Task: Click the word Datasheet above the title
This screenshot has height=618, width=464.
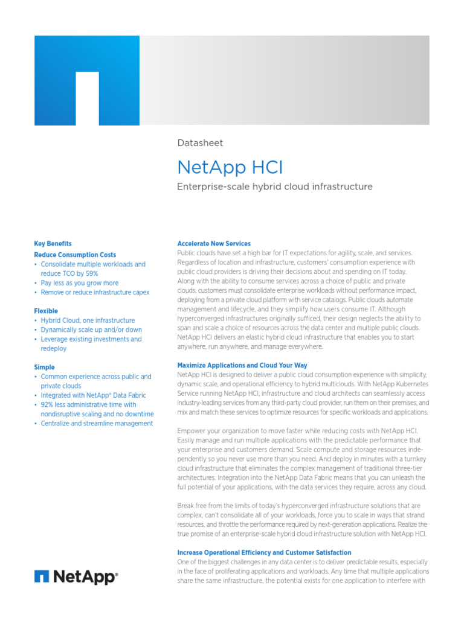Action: click(199, 143)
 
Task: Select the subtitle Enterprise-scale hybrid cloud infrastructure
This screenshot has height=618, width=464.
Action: click(274, 186)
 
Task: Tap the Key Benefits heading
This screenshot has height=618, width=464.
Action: click(53, 244)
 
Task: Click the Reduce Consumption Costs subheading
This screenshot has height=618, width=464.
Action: click(75, 255)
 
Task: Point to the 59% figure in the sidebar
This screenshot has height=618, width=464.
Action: click(90, 273)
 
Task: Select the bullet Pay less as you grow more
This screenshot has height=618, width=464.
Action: click(79, 283)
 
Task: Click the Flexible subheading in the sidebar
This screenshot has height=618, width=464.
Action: click(46, 311)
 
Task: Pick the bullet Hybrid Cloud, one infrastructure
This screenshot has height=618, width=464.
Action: click(88, 320)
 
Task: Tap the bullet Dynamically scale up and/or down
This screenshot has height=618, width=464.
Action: click(91, 330)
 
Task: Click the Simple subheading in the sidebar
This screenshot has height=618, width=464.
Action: click(44, 367)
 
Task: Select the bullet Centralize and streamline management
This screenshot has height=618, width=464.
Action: click(97, 424)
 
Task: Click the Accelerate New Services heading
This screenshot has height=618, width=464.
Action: click(214, 244)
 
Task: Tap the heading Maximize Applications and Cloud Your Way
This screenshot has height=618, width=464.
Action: click(242, 365)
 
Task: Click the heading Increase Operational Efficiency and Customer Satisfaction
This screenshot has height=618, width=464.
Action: click(264, 552)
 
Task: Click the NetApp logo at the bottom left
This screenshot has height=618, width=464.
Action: click(76, 577)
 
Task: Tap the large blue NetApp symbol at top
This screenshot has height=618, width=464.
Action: click(87, 80)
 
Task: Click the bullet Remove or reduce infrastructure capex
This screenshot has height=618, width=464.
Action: click(95, 292)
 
